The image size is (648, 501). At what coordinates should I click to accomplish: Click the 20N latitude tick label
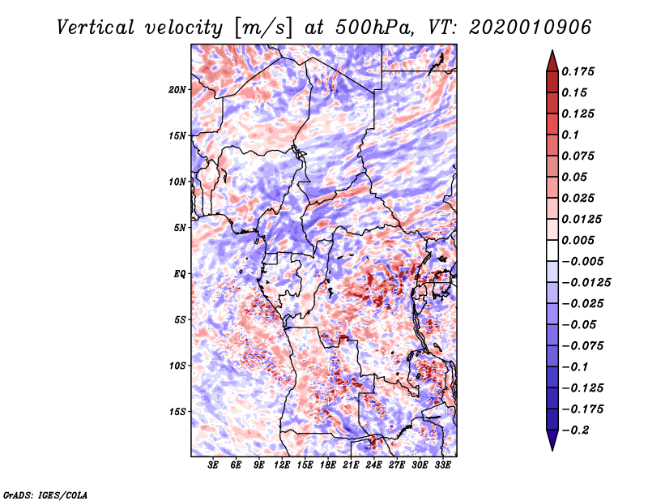click(177, 89)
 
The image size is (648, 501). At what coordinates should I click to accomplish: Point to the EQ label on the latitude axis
click(179, 274)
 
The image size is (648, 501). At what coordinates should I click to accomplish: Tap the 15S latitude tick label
click(177, 412)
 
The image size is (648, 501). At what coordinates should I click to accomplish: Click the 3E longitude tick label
click(214, 465)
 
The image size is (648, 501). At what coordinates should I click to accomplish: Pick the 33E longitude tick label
click(443, 465)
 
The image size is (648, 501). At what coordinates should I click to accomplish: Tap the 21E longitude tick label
click(351, 465)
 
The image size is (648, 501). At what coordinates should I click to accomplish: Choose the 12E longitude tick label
click(282, 465)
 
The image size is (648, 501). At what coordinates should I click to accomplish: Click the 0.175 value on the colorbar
click(580, 72)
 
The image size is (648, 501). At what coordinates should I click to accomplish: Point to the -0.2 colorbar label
click(578, 430)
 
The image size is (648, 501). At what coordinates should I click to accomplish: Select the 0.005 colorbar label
click(580, 241)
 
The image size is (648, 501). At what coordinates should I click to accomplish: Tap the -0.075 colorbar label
click(583, 346)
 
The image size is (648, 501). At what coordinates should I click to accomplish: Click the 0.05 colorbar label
click(576, 178)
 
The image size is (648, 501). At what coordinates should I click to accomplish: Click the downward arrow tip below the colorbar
click(551, 447)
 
